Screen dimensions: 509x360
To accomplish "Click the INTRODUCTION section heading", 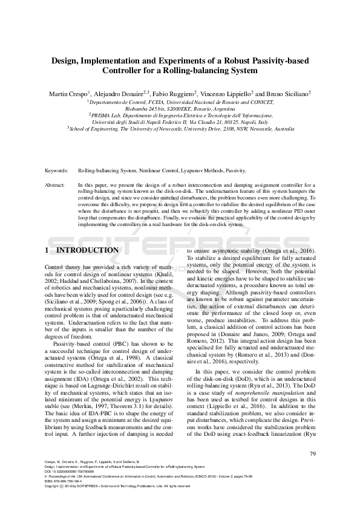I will [x=87, y=250].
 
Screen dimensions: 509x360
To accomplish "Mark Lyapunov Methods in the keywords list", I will [x=206, y=171].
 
